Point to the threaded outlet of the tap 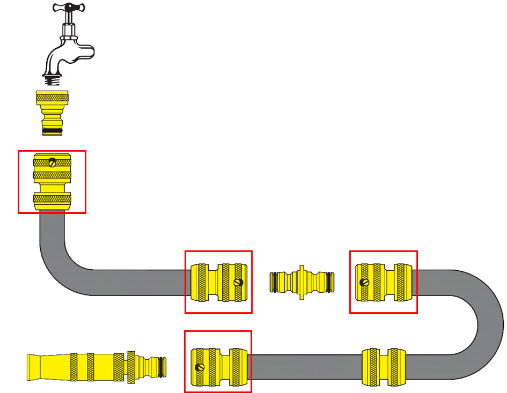tap(52, 80)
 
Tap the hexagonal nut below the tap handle tap(68, 37)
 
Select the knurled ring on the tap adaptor tap(52, 98)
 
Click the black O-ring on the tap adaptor tap(52, 130)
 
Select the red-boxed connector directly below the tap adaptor tap(52, 182)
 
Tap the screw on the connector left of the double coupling tap(238, 282)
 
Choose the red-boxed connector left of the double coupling tap(218, 282)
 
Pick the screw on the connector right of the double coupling tap(364, 282)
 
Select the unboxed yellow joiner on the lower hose tap(383, 367)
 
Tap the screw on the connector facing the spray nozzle tap(200, 367)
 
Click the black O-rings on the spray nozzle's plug tap(160, 367)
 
